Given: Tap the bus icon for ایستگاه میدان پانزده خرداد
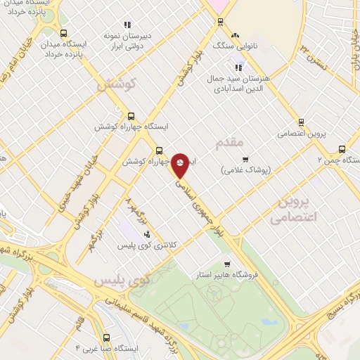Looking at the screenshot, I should pos(64,33).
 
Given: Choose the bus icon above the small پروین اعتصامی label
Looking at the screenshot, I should pos(301,122).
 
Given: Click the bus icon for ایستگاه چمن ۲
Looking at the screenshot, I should pos(342,148).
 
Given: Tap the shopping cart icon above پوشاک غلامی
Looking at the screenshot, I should pos(245,159).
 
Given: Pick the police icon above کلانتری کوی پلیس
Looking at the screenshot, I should pos(147,233).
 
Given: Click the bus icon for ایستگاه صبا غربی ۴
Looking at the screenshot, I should pos(105,337).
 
